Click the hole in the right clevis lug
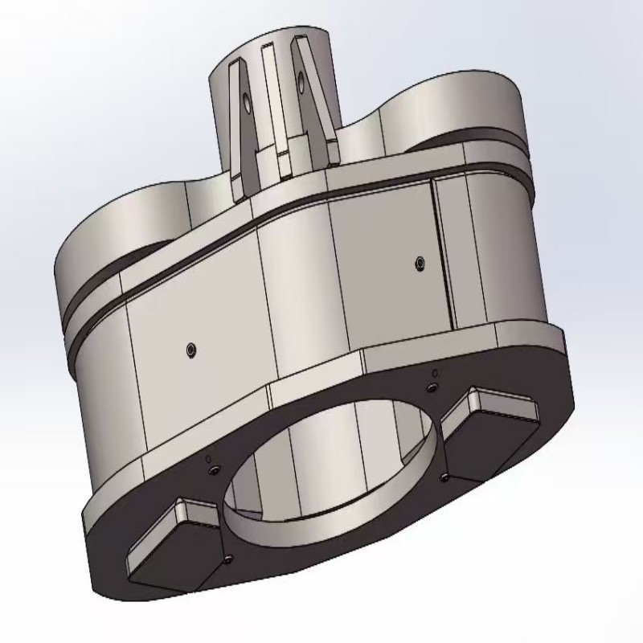click(301, 80)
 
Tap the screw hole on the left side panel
click(189, 350)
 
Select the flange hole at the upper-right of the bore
click(432, 388)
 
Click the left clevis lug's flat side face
click(240, 129)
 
